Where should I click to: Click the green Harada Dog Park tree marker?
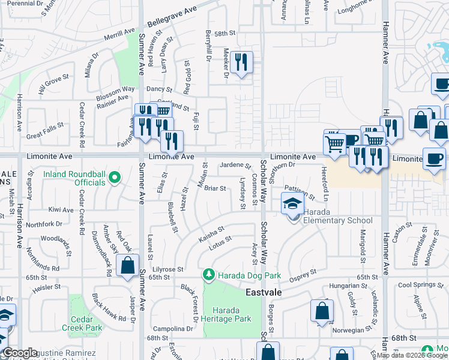208,274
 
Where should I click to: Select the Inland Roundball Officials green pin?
116,176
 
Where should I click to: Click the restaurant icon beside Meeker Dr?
241,62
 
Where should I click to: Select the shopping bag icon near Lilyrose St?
128,265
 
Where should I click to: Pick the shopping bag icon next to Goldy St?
322,311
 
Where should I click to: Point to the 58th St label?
227,34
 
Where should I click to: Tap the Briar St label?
215,188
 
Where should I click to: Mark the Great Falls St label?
45,131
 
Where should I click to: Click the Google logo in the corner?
20,353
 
